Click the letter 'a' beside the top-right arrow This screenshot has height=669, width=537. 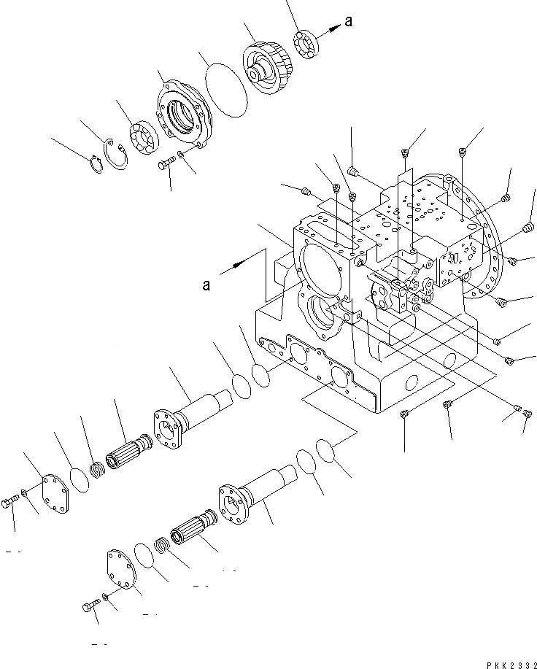coord(349,22)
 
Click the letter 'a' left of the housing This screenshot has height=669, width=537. coord(206,284)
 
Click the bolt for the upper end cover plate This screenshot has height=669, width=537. coord(12,504)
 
